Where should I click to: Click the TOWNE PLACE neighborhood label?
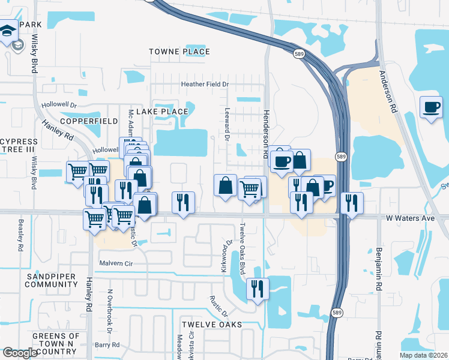179,52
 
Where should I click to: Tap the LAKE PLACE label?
162,112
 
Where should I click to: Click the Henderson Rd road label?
265,133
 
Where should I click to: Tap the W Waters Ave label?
410,218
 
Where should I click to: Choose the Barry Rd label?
107,345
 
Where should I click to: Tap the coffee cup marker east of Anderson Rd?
430,107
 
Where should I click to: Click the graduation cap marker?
8,30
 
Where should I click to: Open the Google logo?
20,353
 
